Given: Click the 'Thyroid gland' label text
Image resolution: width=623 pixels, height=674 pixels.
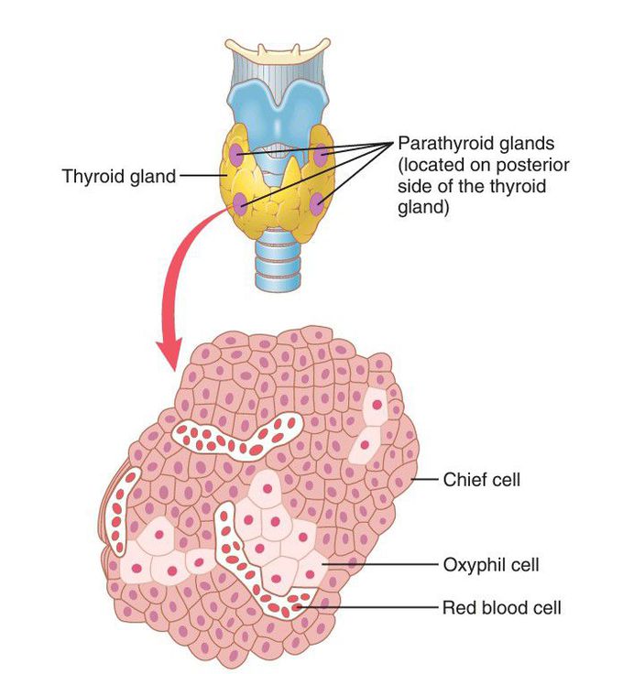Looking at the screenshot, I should click(x=118, y=175).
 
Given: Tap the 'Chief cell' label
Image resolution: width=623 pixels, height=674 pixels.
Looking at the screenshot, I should click(x=481, y=479).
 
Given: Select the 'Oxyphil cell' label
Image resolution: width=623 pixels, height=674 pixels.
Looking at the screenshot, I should click(x=490, y=564).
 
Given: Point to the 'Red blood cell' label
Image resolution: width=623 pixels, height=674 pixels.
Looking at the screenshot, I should click(x=501, y=606).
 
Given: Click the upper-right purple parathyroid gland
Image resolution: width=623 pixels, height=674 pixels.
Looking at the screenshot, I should click(x=322, y=156).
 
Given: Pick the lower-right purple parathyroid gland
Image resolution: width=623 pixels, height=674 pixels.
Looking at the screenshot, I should click(x=321, y=202).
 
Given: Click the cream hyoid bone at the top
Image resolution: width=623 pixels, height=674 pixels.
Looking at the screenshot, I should click(x=280, y=42).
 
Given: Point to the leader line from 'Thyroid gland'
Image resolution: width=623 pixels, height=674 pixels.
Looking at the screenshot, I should click(x=200, y=175).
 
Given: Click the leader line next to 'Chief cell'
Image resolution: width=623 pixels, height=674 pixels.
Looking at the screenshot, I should click(x=423, y=479).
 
